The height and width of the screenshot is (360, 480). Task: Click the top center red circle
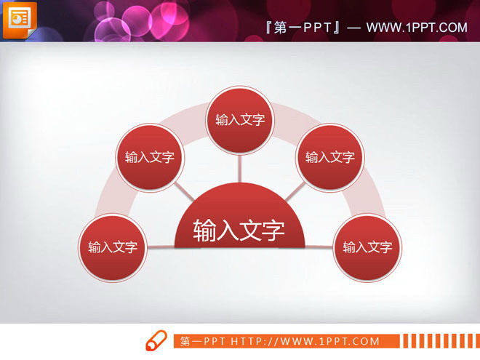(x=239, y=120)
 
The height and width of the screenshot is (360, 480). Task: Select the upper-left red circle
(x=150, y=157)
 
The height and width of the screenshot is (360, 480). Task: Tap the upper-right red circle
(x=329, y=157)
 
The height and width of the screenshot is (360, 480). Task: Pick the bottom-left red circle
(x=113, y=247)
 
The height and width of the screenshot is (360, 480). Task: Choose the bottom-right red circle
(x=367, y=247)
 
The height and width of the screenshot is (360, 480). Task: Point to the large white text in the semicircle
(x=239, y=231)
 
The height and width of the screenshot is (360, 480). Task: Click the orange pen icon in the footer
(x=156, y=340)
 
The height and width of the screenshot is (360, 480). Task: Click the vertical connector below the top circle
(x=239, y=167)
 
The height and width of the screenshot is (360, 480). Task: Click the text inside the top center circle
(x=239, y=120)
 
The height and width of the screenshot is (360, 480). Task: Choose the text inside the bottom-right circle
(x=367, y=247)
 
